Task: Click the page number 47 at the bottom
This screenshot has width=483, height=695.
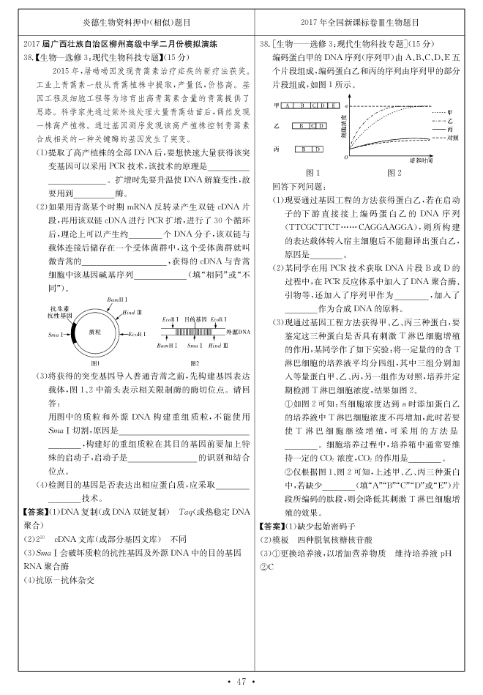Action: [x=241, y=683]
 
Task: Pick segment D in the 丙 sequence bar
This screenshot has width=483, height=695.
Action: [x=311, y=149]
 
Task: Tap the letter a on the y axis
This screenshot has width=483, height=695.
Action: [x=345, y=105]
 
